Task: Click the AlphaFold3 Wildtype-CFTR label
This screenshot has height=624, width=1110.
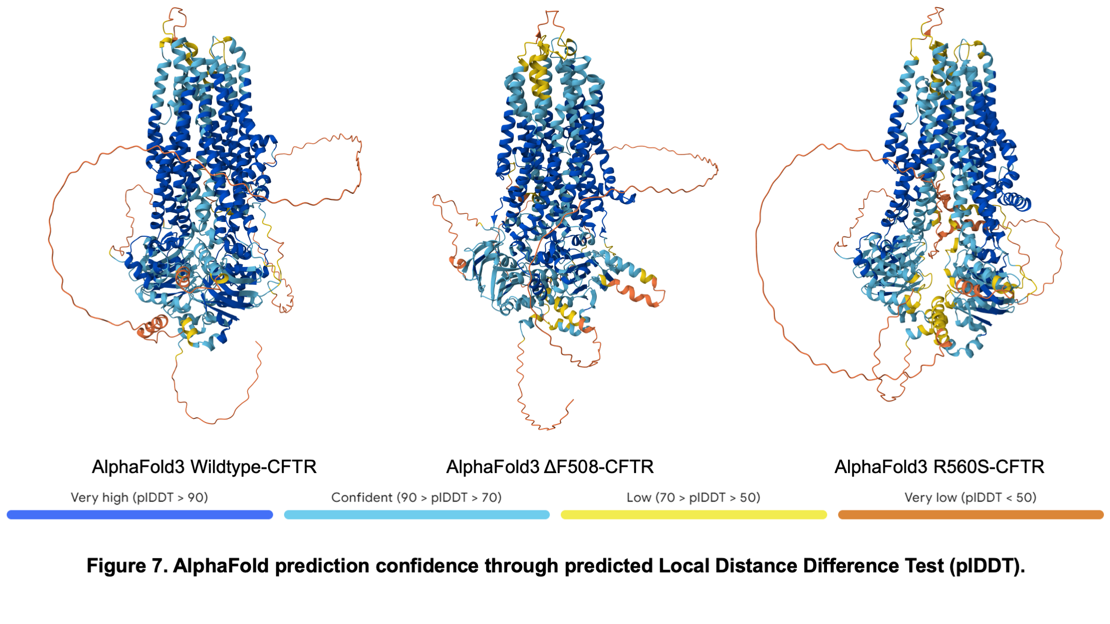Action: click(204, 467)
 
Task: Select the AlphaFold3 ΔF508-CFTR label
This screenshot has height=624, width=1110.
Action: click(550, 467)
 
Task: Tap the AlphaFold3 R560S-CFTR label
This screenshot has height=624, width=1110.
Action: click(940, 467)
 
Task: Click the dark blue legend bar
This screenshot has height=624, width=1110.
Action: click(140, 515)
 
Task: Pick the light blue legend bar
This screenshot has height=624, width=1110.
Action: click(417, 515)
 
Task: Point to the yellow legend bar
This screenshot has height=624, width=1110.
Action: click(694, 515)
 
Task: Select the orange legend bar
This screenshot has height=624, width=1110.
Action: click(971, 515)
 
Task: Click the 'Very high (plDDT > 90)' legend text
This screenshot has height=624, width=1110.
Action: click(139, 498)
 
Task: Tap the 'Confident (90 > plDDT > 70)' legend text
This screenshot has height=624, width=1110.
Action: click(417, 498)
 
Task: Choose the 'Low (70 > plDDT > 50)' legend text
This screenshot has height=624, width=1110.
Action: click(693, 498)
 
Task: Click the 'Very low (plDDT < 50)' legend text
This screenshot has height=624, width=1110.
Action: click(970, 498)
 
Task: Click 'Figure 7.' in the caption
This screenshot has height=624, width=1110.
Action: click(127, 566)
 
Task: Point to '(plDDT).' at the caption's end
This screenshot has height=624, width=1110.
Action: click(987, 566)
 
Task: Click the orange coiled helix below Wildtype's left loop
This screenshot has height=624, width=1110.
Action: click(153, 327)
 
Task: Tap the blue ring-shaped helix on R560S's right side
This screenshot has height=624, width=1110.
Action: click(1016, 202)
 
